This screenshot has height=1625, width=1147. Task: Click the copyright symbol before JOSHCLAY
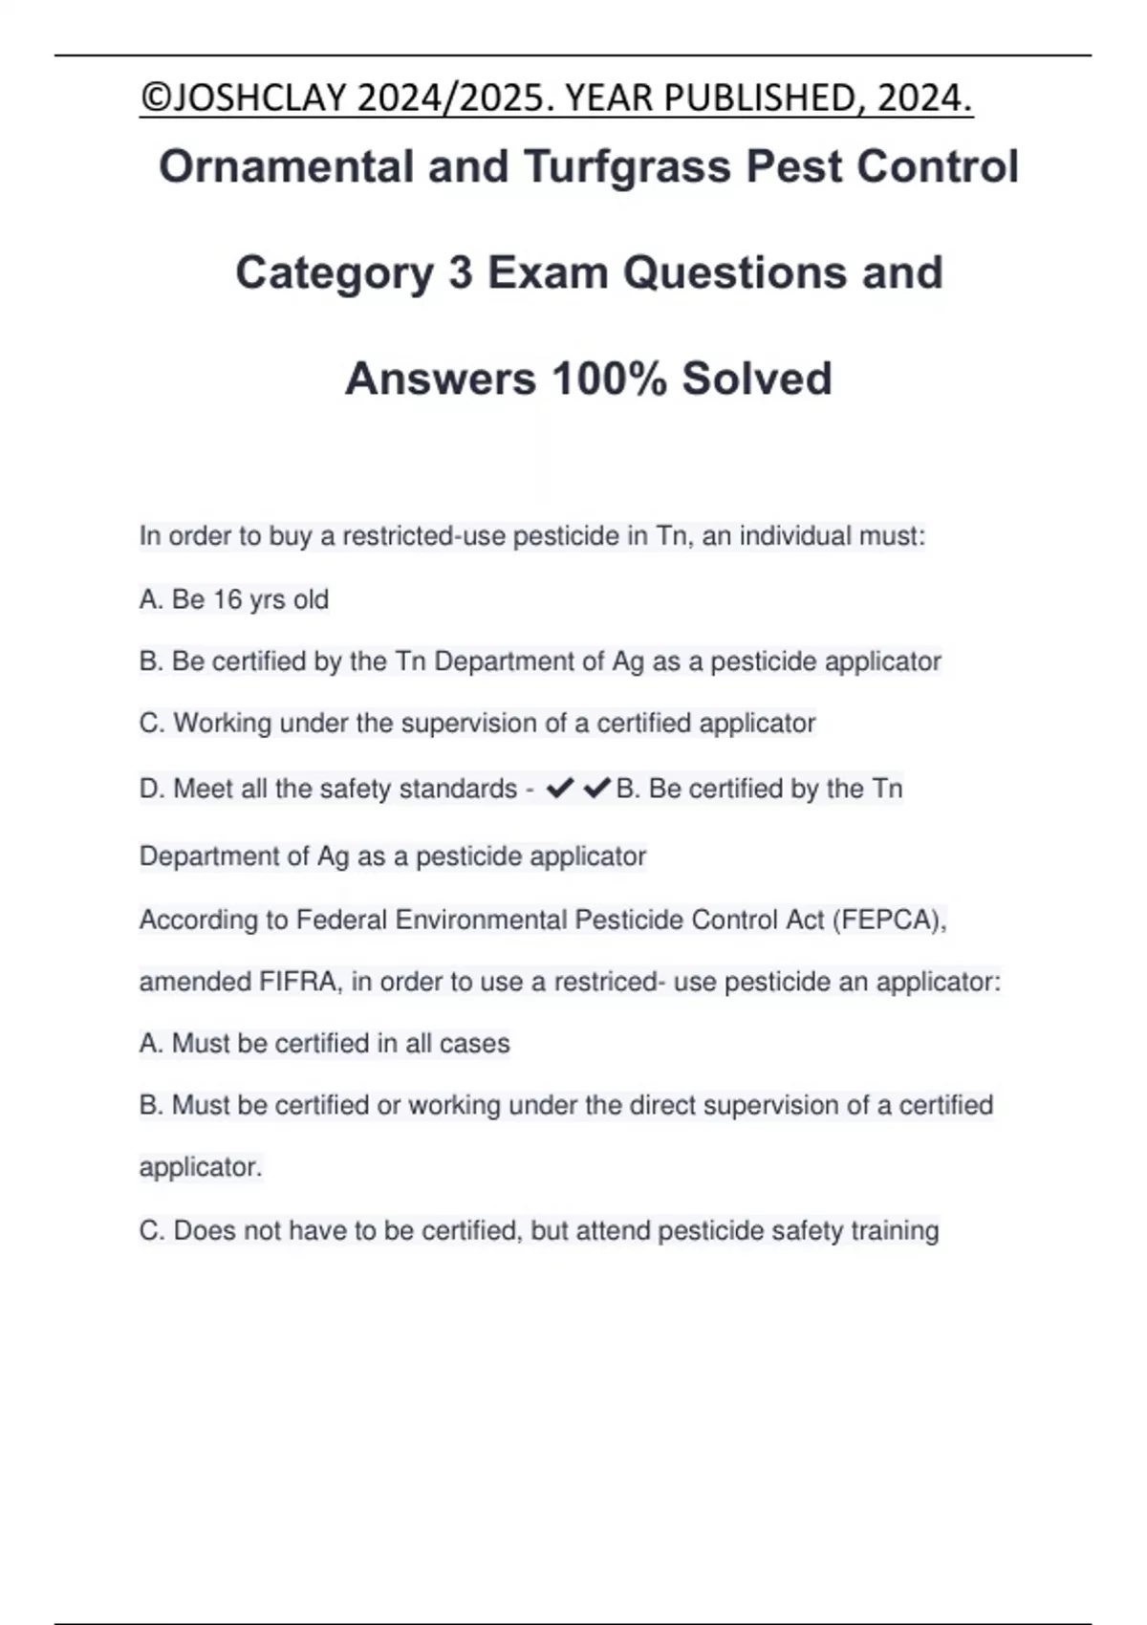(x=152, y=98)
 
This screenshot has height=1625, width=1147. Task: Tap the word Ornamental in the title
(x=287, y=167)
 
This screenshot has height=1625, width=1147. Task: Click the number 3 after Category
(x=460, y=273)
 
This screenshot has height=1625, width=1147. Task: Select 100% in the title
(x=609, y=379)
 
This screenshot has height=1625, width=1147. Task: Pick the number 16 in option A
(x=227, y=599)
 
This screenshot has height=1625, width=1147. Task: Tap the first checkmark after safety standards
(x=559, y=789)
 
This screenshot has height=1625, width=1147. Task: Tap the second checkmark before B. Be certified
(x=596, y=789)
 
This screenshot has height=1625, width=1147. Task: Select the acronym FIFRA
(x=298, y=982)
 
